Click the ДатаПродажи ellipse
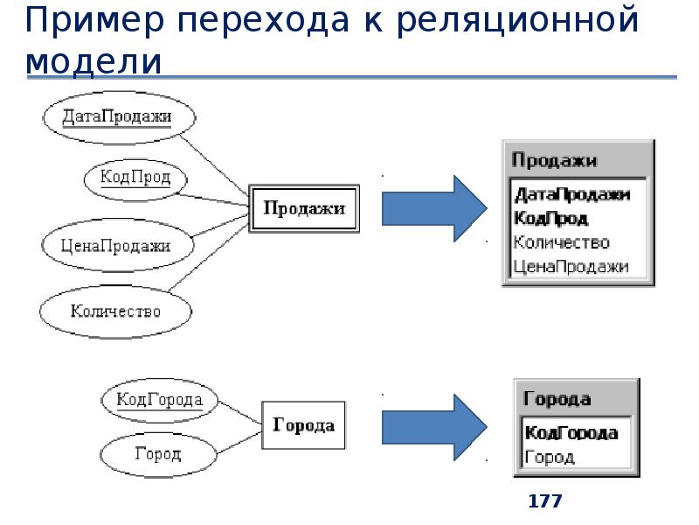click(x=118, y=117)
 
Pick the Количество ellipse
click(x=115, y=311)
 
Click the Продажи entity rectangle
click(x=304, y=208)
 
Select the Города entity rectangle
click(x=303, y=426)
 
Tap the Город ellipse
click(x=158, y=454)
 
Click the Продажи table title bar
click(x=577, y=160)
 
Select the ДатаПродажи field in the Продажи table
click(x=572, y=194)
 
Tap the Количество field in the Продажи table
click(x=562, y=242)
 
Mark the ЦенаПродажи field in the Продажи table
click(x=571, y=267)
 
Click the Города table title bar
click(x=574, y=399)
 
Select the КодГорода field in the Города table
click(x=571, y=432)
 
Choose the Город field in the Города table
click(x=549, y=457)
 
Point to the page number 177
click(x=545, y=501)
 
